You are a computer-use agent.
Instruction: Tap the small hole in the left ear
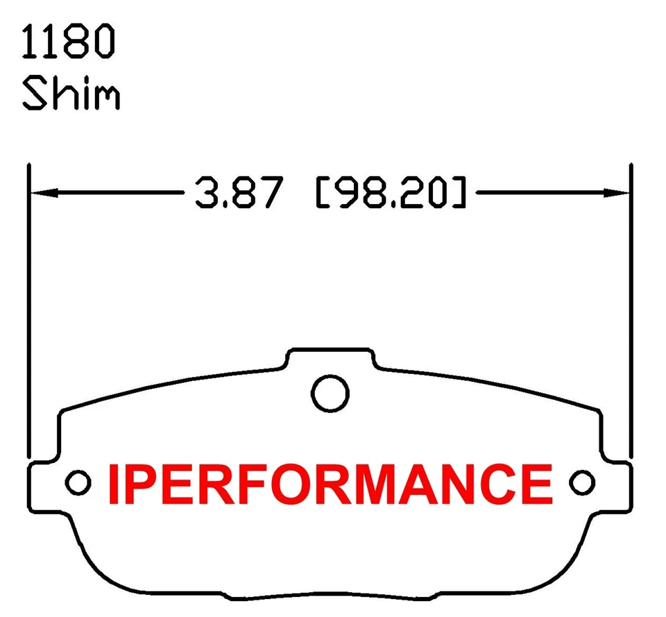[78, 482]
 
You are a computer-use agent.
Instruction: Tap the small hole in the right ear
[581, 482]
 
